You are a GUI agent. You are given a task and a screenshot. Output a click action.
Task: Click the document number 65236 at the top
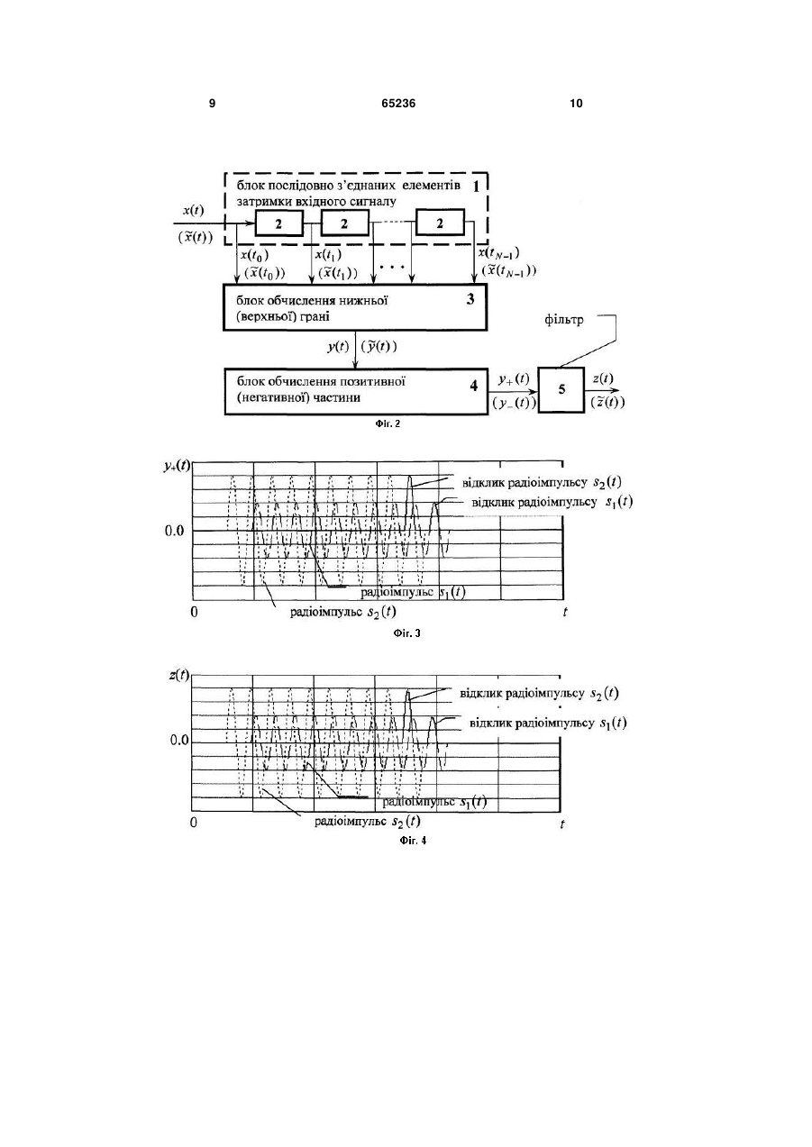[x=398, y=104]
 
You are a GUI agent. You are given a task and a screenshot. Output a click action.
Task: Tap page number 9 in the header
[x=212, y=104]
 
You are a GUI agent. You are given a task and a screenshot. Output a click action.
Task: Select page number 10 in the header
[x=576, y=104]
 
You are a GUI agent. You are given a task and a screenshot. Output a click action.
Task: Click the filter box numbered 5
[x=561, y=389]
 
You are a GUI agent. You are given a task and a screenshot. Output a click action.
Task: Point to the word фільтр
[x=563, y=320]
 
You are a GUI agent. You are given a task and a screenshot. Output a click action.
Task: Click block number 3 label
[x=470, y=299]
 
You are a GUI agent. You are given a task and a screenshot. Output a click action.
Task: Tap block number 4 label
[x=473, y=386]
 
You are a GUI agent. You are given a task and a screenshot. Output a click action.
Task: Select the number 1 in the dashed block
[x=476, y=187]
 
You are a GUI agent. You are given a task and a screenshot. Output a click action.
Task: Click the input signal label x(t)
[x=194, y=211]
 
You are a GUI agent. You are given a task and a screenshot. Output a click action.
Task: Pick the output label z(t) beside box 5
[x=603, y=378]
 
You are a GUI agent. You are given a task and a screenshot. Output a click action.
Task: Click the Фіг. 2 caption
[x=388, y=423]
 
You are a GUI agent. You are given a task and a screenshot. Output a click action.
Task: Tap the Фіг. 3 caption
[x=406, y=633]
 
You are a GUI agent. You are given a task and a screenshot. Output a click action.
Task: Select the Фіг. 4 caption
[x=413, y=841]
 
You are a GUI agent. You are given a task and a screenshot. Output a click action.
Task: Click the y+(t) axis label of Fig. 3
[x=177, y=466]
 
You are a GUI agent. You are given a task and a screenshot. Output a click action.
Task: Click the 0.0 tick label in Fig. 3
[x=174, y=531]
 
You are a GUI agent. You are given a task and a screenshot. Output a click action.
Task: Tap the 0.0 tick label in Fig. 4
[x=179, y=741]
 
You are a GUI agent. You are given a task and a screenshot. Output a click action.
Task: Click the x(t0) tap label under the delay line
[x=255, y=254]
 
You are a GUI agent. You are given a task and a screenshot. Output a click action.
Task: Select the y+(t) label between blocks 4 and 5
[x=514, y=379]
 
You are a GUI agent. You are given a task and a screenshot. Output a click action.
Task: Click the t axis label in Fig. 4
[x=562, y=824]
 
